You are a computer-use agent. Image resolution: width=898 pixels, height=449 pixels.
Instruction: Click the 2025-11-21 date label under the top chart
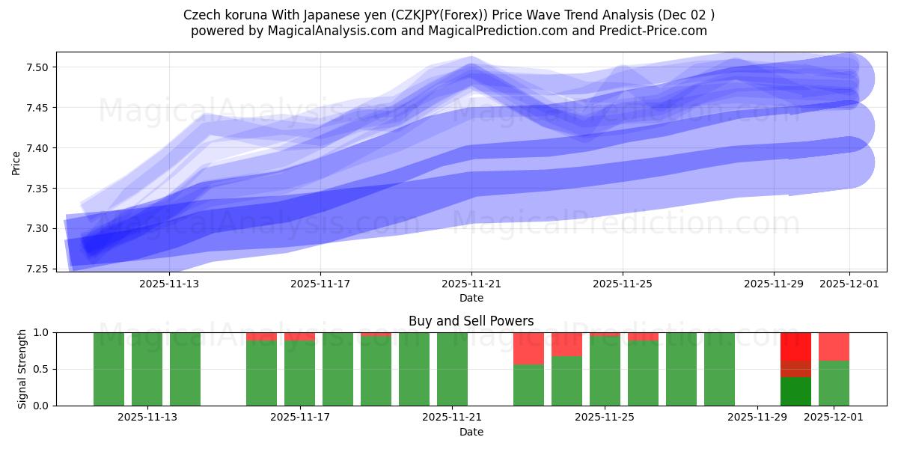pyautogui.click(x=471, y=284)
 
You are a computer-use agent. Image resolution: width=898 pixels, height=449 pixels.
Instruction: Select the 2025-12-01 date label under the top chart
pyautogui.click(x=849, y=284)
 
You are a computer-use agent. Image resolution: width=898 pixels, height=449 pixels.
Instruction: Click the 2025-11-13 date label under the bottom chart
pyautogui.click(x=147, y=418)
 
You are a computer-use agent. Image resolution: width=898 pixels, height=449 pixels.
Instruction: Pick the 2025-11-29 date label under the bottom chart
pyautogui.click(x=757, y=418)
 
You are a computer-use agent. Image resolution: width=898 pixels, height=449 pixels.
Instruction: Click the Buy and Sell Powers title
pyautogui.click(x=471, y=321)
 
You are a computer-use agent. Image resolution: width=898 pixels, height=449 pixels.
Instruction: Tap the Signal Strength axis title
pyautogui.click(x=22, y=369)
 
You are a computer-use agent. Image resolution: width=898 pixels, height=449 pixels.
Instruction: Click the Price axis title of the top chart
pyautogui.click(x=16, y=162)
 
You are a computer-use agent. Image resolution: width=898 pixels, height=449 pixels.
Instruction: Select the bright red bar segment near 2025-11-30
pyautogui.click(x=795, y=346)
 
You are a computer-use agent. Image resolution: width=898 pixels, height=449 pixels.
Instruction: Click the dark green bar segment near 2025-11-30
pyautogui.click(x=795, y=391)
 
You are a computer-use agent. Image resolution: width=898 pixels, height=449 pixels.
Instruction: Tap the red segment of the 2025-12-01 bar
pyautogui.click(x=834, y=346)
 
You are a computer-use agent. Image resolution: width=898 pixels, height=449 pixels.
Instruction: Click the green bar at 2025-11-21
pyautogui.click(x=452, y=369)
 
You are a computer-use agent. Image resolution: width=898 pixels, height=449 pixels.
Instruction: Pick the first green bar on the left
pyautogui.click(x=109, y=369)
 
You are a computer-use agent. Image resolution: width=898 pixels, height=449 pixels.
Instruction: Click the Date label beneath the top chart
pyautogui.click(x=471, y=298)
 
